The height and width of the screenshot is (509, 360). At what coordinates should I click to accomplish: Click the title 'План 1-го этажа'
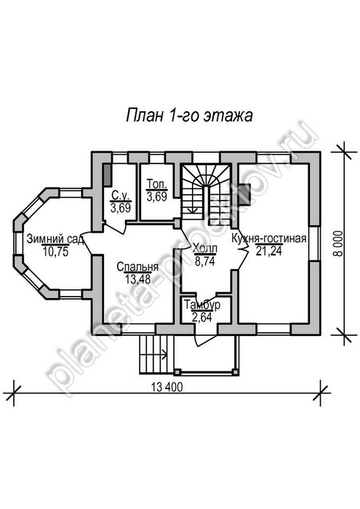[x=189, y=115]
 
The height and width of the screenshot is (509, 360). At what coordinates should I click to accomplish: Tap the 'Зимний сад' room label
[x=55, y=239]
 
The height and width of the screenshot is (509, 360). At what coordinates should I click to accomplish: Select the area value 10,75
[x=55, y=252]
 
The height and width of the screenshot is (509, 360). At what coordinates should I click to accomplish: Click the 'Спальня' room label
[x=137, y=267]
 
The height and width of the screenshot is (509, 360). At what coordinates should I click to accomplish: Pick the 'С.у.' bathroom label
[x=121, y=196]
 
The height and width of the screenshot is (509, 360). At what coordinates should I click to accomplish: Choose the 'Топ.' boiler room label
[x=157, y=184]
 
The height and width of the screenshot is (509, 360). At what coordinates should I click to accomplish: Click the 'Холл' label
[x=205, y=249]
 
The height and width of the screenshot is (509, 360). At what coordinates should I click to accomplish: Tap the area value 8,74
[x=205, y=261]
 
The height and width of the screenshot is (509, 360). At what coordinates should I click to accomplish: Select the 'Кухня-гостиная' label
[x=269, y=239]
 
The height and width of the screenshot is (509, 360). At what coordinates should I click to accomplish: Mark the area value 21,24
[x=269, y=251]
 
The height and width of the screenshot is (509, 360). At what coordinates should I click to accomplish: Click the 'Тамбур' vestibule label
[x=202, y=305]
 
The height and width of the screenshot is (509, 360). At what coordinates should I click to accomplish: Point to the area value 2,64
[x=202, y=317]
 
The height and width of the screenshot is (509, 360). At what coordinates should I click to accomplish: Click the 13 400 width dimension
[x=167, y=387]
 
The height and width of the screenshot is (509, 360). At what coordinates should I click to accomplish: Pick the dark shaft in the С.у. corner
[x=108, y=176]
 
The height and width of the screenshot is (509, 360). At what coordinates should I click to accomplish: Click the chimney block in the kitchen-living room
[x=244, y=194]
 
